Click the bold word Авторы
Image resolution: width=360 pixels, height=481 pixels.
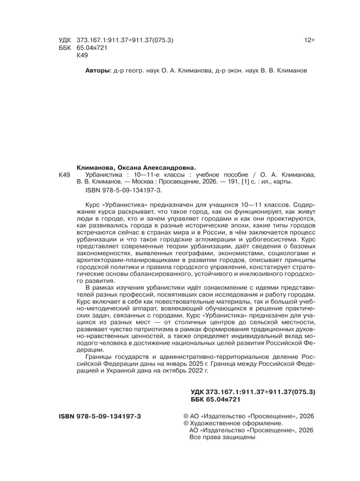pos(98,71)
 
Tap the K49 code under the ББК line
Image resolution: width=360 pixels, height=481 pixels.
pos(81,56)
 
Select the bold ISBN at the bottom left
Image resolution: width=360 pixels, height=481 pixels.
pos(100,415)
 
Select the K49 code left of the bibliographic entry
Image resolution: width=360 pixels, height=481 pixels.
pos(65,174)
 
